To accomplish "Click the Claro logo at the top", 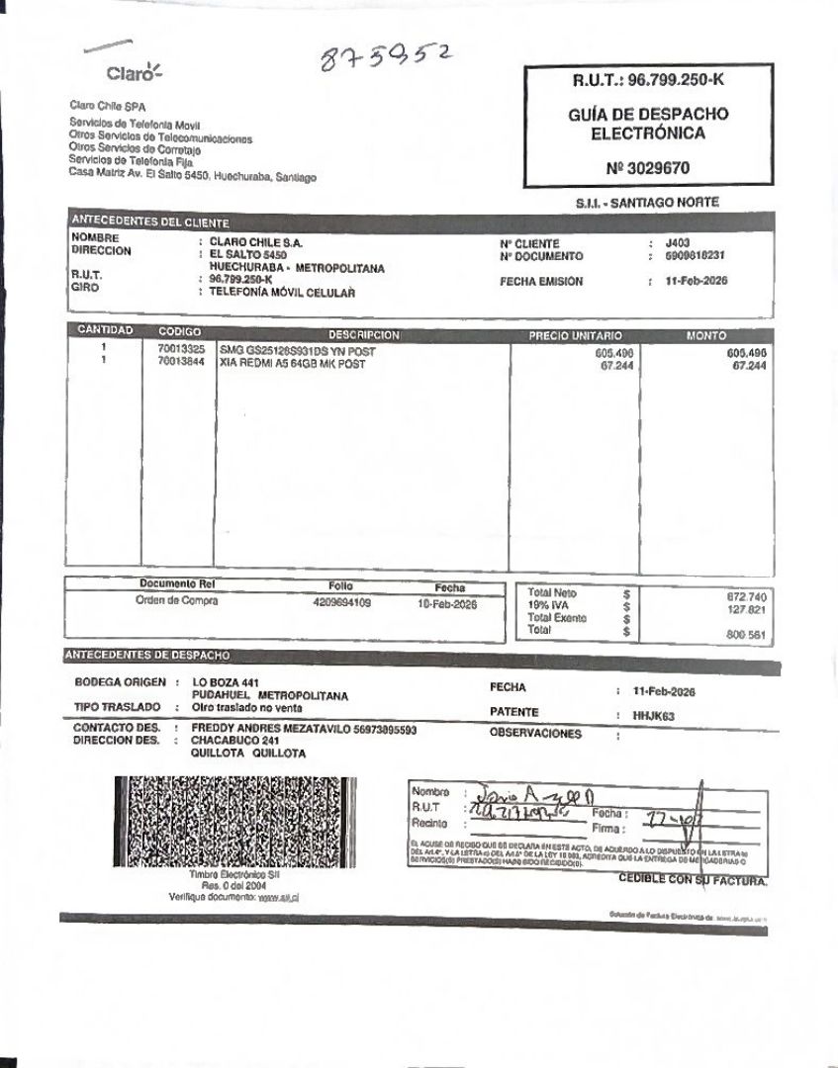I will [x=133, y=72].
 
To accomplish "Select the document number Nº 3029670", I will [x=648, y=168].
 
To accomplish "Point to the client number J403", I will [x=678, y=243].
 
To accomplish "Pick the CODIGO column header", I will [x=179, y=332].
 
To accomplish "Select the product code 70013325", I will [x=181, y=350].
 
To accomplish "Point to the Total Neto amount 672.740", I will [x=746, y=596].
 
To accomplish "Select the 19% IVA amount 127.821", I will [x=746, y=609].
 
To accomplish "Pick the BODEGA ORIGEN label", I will [x=118, y=683].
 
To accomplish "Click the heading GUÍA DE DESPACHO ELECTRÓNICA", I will [x=648, y=124].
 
